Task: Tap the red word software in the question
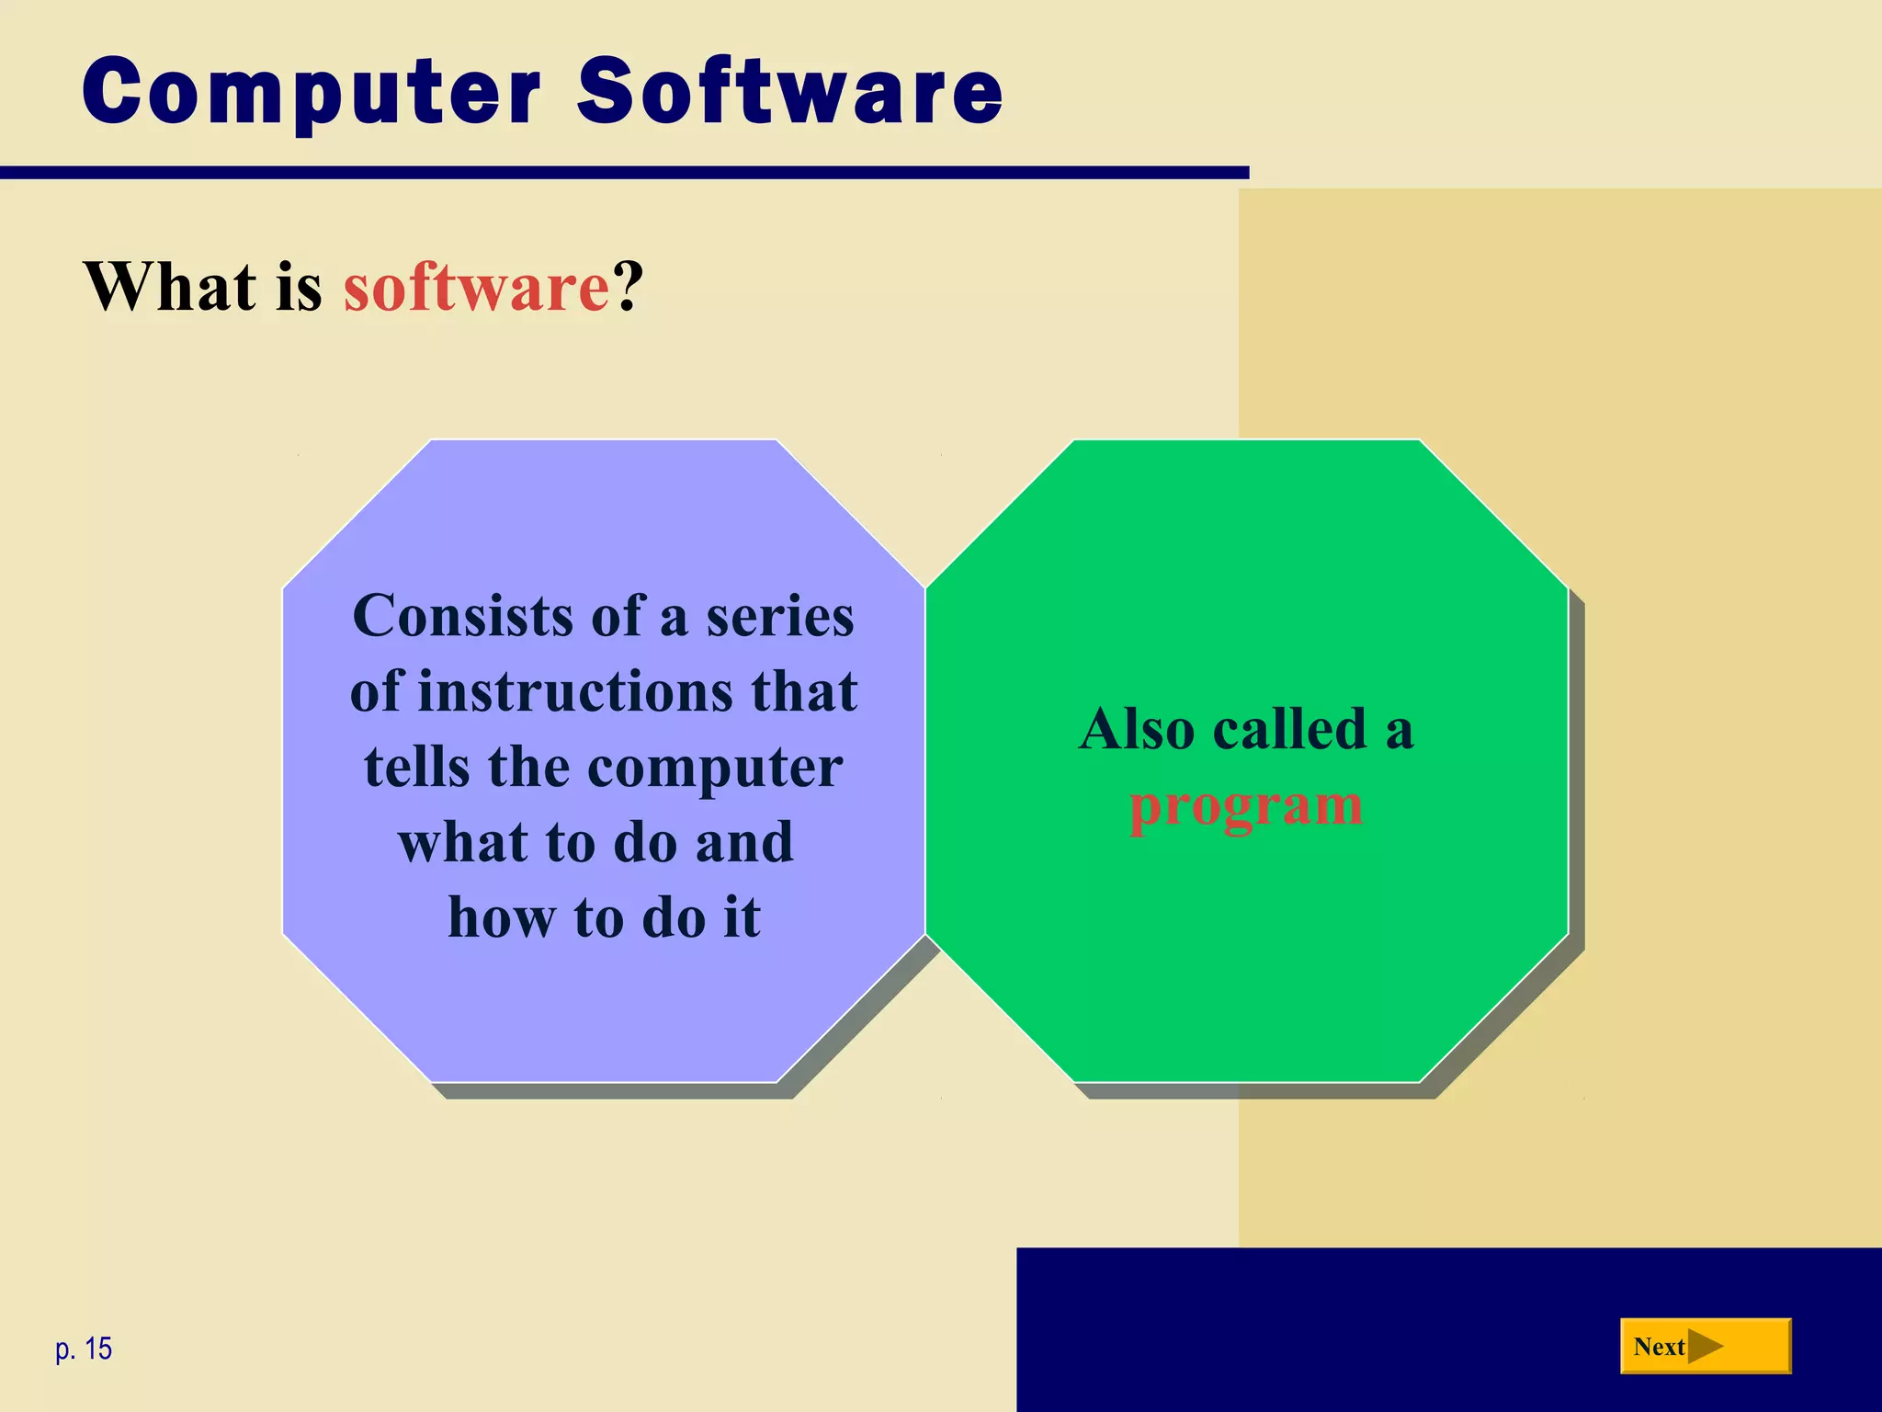pyautogui.click(x=476, y=287)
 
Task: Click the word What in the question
pyautogui.click(x=170, y=287)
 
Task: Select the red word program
pyautogui.click(x=1245, y=807)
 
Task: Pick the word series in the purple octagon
pyautogui.click(x=779, y=617)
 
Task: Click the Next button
pyautogui.click(x=1705, y=1347)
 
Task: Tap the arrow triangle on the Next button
pyautogui.click(x=1706, y=1347)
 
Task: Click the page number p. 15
pyautogui.click(x=84, y=1349)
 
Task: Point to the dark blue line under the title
pyautogui.click(x=625, y=173)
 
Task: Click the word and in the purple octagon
pyautogui.click(x=743, y=842)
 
